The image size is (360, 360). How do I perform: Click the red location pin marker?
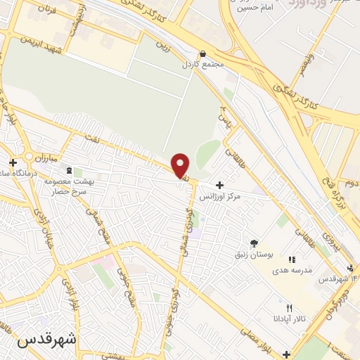[181, 165]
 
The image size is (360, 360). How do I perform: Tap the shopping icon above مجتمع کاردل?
[203, 53]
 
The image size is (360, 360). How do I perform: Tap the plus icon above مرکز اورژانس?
[219, 186]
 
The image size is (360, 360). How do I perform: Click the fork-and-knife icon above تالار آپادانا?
[289, 308]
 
